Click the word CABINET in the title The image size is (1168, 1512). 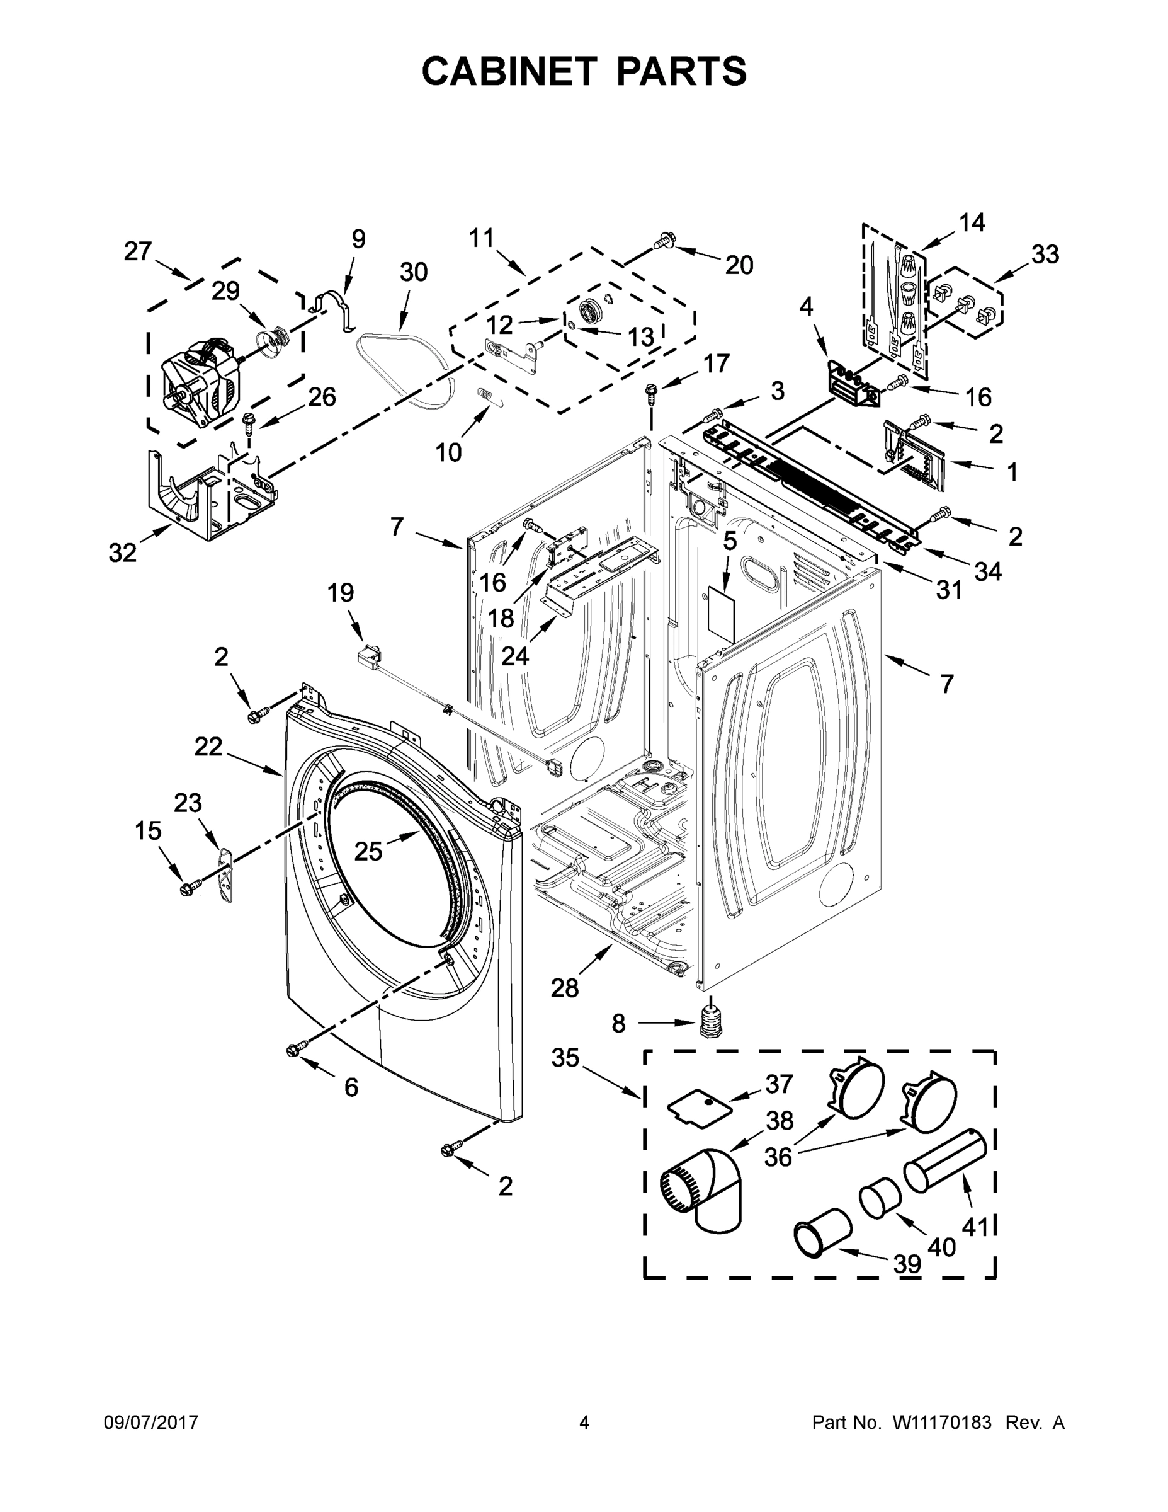point(509,71)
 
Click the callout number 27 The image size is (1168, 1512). point(138,251)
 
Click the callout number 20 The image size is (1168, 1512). point(739,265)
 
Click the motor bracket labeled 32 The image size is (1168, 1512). point(208,498)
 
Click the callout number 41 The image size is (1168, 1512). point(975,1227)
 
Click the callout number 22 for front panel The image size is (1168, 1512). point(208,747)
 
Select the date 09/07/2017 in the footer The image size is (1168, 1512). point(151,1422)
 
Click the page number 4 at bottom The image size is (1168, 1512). point(583,1422)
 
